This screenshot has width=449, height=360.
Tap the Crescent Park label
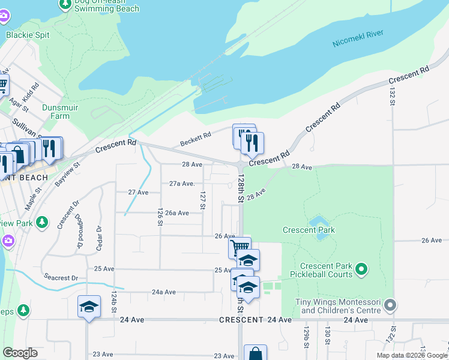(x=309, y=230)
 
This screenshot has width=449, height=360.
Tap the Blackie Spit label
(x=28, y=35)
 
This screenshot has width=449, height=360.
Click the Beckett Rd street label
(x=196, y=140)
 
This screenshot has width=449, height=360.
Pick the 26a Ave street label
(x=178, y=212)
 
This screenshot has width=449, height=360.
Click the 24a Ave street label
(x=163, y=292)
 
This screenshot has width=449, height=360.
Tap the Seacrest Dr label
(x=61, y=278)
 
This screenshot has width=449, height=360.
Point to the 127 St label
(x=203, y=200)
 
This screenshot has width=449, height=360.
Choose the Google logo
(x=20, y=353)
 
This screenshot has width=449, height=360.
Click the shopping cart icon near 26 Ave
(x=240, y=246)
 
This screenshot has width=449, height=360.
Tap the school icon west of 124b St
(x=89, y=307)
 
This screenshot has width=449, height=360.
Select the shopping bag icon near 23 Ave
(x=255, y=353)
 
